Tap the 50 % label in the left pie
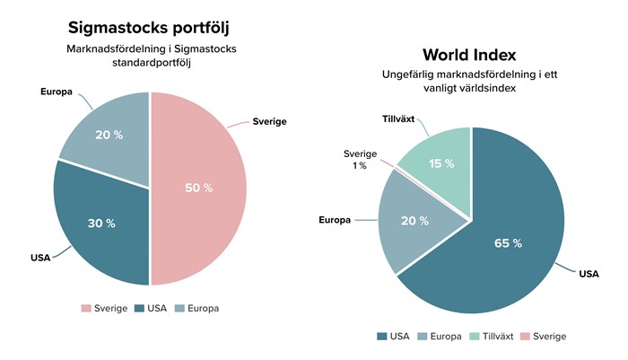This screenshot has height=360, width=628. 199,188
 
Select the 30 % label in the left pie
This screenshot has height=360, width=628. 102,224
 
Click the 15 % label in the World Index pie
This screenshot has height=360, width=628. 442,163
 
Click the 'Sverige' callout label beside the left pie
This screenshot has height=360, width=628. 269,121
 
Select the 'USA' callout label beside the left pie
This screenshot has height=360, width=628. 40,258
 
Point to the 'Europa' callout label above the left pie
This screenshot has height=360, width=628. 56,92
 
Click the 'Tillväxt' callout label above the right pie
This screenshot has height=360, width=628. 389,119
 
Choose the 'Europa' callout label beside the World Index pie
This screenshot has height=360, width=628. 334,219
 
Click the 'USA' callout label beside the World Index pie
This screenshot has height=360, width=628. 589,274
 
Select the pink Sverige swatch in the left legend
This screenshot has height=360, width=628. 86,308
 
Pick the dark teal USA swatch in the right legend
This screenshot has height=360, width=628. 382,337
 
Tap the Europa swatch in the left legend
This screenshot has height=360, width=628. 180,308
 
